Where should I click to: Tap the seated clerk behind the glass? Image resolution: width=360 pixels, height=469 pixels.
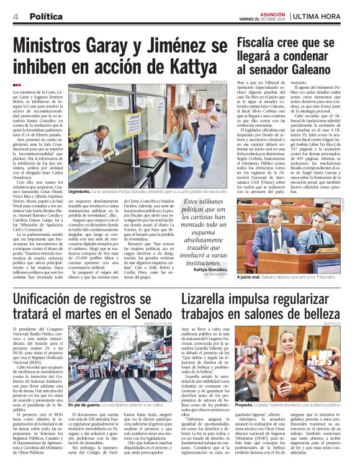coord(93,146)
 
